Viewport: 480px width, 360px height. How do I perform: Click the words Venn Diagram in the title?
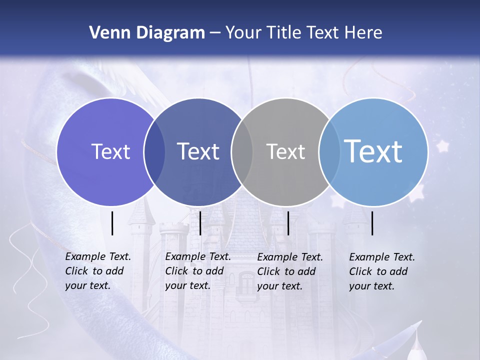147,33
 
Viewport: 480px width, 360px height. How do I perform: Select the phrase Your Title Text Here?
303,33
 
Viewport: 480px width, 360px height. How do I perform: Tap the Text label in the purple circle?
110,151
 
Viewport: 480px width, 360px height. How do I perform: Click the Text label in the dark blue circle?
198,151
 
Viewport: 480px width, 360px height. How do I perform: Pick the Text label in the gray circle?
285,151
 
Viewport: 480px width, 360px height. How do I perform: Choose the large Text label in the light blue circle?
373,151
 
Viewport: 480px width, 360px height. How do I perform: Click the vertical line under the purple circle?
112,223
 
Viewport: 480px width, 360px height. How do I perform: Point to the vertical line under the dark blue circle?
200,223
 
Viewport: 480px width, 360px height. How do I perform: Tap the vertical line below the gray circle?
288,223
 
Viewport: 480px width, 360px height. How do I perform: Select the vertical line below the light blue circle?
372,223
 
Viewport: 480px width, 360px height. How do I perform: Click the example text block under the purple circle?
97,271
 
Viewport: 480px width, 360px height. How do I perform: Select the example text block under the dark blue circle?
197,271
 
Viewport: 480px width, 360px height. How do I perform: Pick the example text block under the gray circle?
289,271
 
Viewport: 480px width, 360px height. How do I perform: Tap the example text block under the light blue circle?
381,271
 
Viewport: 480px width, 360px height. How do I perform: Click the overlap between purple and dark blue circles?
154,151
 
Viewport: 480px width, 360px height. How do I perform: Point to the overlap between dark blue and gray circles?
242,151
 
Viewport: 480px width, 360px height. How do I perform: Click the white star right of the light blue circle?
442,146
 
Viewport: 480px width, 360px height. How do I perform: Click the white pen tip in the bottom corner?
414,345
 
